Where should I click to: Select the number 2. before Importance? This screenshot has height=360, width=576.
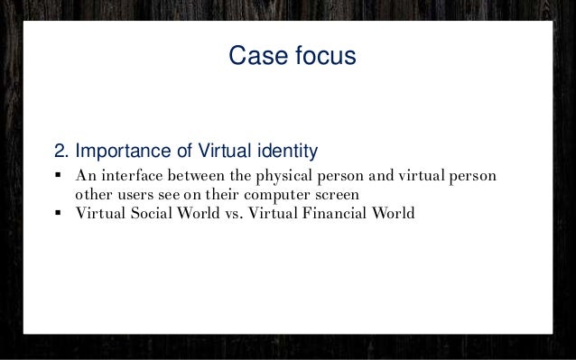click(61, 148)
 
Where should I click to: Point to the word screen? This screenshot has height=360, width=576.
click(335, 193)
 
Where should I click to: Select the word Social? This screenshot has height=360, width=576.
click(151, 213)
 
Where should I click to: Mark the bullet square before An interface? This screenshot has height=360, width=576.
click(58, 174)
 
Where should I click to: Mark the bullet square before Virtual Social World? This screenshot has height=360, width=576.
click(58, 214)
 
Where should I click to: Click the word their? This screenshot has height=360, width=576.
click(213, 193)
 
